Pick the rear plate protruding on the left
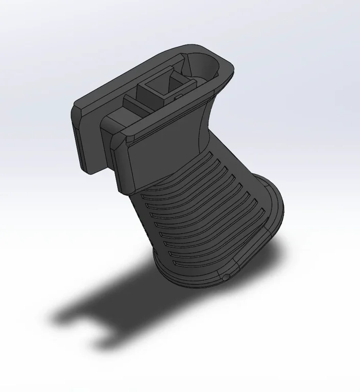pos(84,138)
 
